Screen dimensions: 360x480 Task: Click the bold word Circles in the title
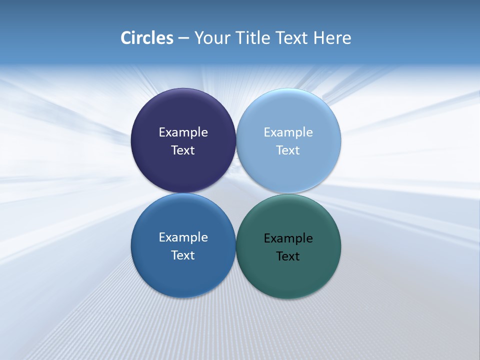pyautogui.click(x=147, y=38)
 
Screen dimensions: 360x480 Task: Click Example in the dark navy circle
pyautogui.click(x=183, y=132)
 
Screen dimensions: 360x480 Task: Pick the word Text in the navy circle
pyautogui.click(x=183, y=150)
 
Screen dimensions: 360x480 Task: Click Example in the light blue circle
pyautogui.click(x=288, y=132)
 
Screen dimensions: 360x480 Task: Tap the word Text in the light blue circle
pyautogui.click(x=288, y=150)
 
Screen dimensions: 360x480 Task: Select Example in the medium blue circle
pyautogui.click(x=183, y=237)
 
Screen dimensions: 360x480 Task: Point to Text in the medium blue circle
pyautogui.click(x=183, y=255)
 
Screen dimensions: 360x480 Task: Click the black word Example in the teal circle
pyautogui.click(x=288, y=238)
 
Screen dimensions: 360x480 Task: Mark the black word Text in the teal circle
pyautogui.click(x=288, y=256)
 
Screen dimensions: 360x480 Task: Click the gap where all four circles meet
pyautogui.click(x=235, y=193)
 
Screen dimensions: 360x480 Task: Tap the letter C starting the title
pyautogui.click(x=126, y=38)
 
